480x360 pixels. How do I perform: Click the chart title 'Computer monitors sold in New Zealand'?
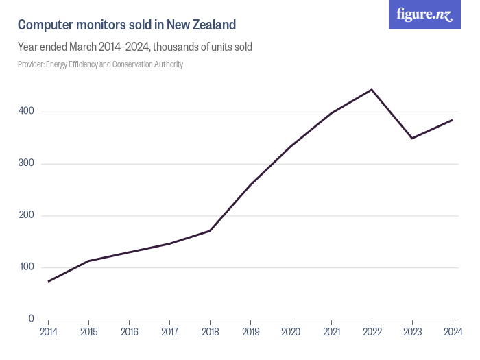coord(127,25)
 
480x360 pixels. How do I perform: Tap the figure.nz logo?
coord(424,14)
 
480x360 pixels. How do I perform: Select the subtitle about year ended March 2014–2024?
coord(135,47)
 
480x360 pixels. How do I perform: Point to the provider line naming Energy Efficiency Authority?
coord(100,64)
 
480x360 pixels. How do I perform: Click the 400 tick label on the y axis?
coord(27,112)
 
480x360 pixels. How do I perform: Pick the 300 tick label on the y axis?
coord(27,164)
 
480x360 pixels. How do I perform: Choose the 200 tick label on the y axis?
coord(27,215)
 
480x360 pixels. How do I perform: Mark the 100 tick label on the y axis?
coord(27,267)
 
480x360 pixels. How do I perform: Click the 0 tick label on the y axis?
coord(32,319)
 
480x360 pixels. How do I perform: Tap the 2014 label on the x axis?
coord(48,332)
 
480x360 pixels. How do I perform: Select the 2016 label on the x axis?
coord(129,332)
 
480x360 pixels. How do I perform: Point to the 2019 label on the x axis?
coord(250,332)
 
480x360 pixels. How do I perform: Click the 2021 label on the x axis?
coord(331,332)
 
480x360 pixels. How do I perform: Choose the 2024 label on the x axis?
coord(453,332)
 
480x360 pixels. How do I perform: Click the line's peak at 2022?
coord(372,90)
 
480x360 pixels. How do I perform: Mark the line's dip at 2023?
coord(412,139)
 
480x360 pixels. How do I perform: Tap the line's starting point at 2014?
coord(48,281)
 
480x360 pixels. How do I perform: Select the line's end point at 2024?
coord(453,120)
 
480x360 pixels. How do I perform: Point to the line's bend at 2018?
coord(210,230)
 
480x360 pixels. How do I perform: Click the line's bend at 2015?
coord(88,261)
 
